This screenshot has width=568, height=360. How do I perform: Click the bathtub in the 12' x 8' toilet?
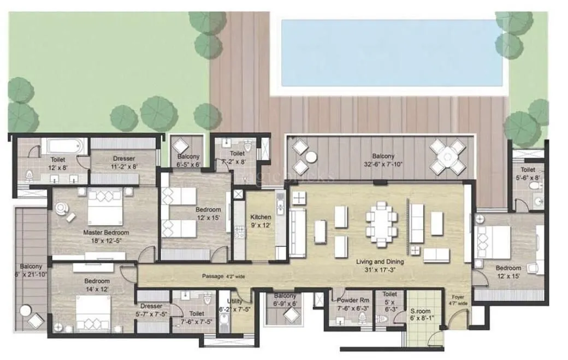[x=64, y=147]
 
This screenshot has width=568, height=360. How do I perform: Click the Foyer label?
[x=458, y=298]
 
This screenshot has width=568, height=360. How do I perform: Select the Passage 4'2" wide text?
[x=223, y=276]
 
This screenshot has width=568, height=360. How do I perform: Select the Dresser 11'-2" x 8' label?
[x=123, y=162]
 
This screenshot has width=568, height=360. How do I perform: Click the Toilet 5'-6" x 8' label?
[x=528, y=173]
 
